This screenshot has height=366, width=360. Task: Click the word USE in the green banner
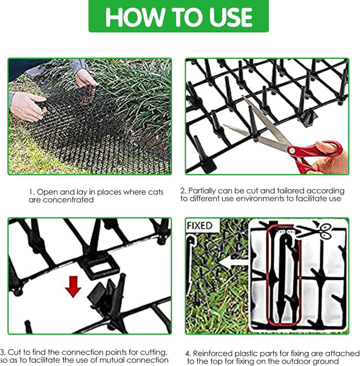pyautogui.click(x=231, y=17)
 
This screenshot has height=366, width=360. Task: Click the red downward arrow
pyautogui.click(x=73, y=287)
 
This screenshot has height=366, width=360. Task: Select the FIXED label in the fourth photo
pyautogui.click(x=199, y=226)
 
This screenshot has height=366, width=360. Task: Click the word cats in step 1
pyautogui.click(x=155, y=192)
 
